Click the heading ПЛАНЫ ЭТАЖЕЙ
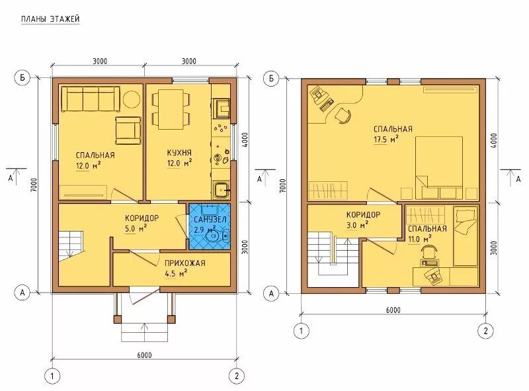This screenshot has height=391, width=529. point(50,19)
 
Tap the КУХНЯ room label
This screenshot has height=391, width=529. point(179,153)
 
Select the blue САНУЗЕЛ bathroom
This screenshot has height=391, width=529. point(210,226)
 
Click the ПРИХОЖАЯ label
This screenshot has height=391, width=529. point(185,263)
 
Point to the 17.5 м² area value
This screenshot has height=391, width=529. point(386,140)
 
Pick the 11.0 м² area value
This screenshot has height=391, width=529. point(420,239)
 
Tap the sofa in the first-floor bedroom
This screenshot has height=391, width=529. point(90,99)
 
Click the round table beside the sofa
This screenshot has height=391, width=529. point(131,99)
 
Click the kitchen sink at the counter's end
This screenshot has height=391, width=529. point(222,190)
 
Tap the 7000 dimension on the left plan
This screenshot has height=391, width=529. point(32,185)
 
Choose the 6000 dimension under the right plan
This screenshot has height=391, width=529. point(393,310)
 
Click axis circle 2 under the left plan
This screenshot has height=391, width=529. point(236,376)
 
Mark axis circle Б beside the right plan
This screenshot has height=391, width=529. point(271,78)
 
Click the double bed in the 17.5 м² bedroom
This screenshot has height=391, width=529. point(438,167)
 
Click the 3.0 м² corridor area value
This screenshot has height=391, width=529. point(357,225)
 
